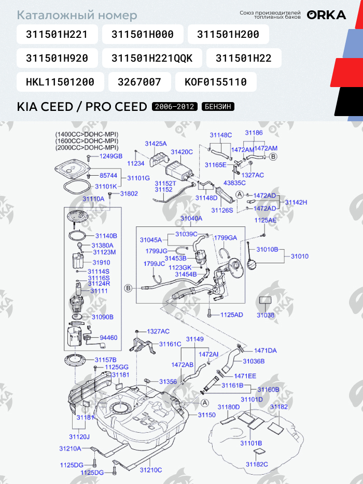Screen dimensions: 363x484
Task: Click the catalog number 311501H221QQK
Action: (152, 58)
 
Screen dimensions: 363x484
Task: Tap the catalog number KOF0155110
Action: (216, 82)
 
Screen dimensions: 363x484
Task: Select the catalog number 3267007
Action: (139, 82)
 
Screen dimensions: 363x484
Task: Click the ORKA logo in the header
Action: (326, 15)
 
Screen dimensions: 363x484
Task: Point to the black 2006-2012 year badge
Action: (175, 107)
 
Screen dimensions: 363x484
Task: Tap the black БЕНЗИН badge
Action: (218, 107)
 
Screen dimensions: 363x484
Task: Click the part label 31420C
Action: (181, 152)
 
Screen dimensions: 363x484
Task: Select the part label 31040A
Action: (191, 219)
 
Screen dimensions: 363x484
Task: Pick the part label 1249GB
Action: (111, 156)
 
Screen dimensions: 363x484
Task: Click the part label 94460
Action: (108, 338)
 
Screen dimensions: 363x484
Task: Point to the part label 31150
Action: (207, 415)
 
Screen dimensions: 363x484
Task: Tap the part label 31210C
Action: (151, 470)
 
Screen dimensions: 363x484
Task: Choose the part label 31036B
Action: (254, 361)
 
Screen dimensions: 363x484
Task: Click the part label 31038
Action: (266, 315)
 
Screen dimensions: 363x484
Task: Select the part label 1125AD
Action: (232, 315)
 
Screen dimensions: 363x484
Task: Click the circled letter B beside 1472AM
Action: (273, 157)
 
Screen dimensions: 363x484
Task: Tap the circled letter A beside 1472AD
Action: (240, 194)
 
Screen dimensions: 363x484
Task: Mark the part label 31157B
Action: (105, 360)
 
